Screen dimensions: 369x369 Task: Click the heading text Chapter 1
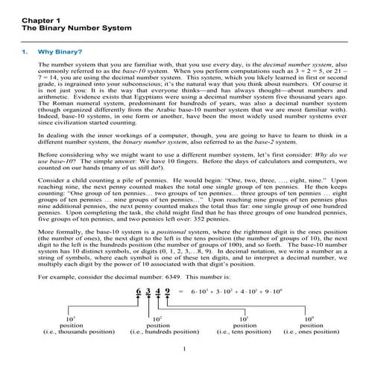(37, 14)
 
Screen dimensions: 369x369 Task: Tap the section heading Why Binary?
(59, 53)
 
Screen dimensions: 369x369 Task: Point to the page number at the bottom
(183, 350)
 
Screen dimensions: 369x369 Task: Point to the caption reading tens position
(242, 332)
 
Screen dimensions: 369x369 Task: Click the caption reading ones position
(317, 332)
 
